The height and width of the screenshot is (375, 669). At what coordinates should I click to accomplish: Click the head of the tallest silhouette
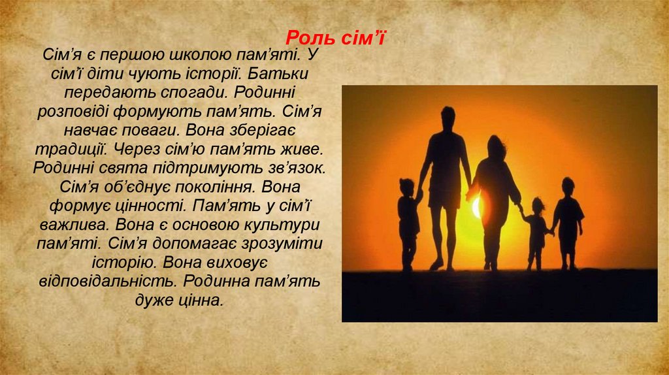point(448,118)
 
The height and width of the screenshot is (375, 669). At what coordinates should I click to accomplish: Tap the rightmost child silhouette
point(568,219)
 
